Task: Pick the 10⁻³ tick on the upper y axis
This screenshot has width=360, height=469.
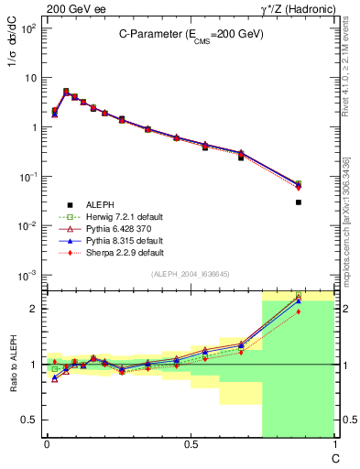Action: [29, 275]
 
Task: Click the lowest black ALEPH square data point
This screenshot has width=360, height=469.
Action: [299, 202]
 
